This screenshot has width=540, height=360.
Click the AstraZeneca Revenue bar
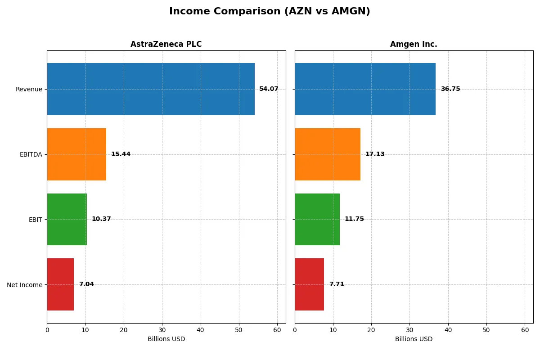151,89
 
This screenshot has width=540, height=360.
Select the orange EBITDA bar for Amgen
328,154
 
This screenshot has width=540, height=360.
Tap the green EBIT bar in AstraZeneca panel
67,219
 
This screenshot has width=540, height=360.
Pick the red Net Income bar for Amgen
309,284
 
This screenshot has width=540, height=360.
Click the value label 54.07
269,89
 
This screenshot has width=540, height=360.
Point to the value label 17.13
375,154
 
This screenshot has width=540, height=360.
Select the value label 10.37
101,219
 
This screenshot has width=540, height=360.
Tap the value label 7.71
337,284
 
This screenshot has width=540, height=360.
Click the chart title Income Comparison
270,11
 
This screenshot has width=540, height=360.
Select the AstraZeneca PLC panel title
166,44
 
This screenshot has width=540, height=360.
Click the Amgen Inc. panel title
414,44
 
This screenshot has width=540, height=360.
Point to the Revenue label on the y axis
29,89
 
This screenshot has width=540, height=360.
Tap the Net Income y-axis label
24,285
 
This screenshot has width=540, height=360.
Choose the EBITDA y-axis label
31,154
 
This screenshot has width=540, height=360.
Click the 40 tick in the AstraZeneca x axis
201,330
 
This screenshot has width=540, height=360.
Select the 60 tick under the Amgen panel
525,330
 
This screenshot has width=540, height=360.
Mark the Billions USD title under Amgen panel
414,339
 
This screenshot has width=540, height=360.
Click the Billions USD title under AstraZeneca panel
166,339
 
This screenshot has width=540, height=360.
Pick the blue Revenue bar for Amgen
365,89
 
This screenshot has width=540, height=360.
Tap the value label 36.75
450,89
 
